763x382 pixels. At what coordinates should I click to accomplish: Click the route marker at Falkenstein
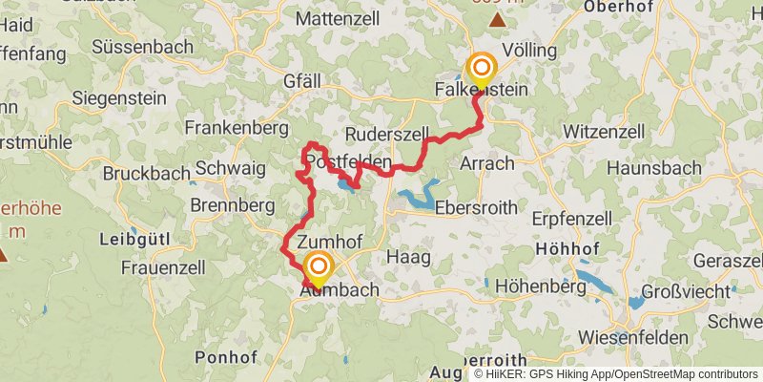[482, 68]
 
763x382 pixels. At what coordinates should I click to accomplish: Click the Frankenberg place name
[237, 127]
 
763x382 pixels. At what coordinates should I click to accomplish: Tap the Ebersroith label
[476, 207]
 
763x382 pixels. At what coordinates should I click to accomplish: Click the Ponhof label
[225, 356]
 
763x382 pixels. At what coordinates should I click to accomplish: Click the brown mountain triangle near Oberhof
[498, 19]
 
